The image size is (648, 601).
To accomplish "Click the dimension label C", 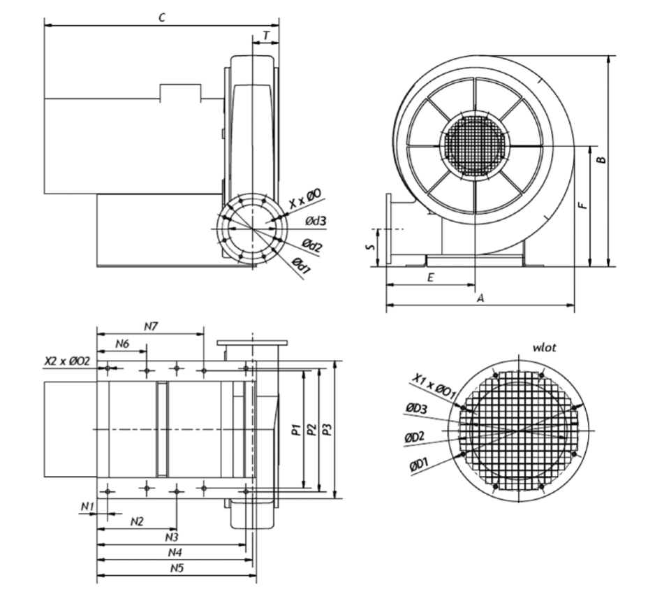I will (x=162, y=18).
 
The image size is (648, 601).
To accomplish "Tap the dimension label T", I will (x=266, y=36).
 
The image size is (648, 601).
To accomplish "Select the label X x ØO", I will (x=305, y=201).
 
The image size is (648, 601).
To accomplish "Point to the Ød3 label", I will (x=316, y=222).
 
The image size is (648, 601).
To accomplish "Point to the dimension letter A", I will (x=480, y=298).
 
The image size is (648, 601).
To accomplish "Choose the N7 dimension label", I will (x=152, y=326).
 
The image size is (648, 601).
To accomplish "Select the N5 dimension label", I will (x=177, y=569).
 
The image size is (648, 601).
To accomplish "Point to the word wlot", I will (x=545, y=346).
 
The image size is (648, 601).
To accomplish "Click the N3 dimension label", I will (x=172, y=537).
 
